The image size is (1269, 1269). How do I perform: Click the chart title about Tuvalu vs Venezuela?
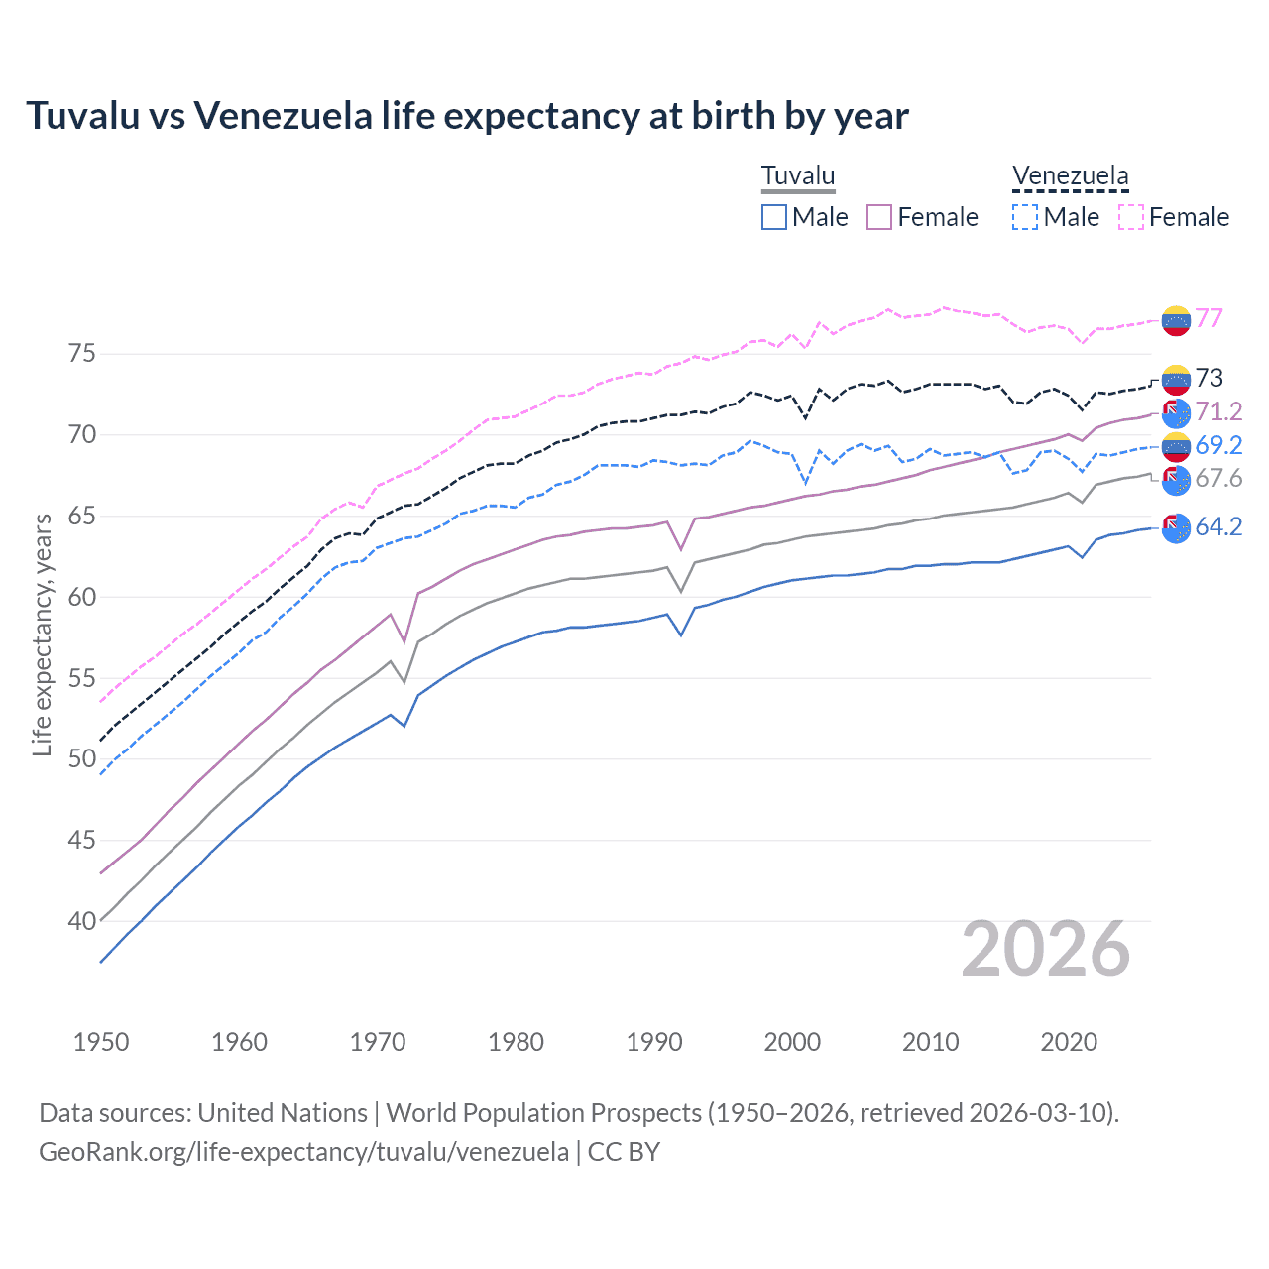coord(467,116)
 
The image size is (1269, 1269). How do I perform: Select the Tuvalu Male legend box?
coord(774,217)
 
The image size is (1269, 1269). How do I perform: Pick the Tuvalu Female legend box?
coord(879,217)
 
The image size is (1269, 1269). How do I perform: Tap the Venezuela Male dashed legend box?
coord(1025,217)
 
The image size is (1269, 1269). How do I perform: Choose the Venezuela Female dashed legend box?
coord(1131,217)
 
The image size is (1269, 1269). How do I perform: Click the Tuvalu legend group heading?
coord(798,176)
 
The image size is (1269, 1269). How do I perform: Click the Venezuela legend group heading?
coord(1070,176)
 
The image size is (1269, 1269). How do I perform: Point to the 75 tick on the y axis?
coord(82,354)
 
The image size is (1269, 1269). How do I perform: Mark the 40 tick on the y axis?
coord(82,921)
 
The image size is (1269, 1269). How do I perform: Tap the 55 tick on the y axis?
coord(82,678)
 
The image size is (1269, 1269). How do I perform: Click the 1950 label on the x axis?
coord(101,1042)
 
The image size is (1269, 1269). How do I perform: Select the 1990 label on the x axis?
coord(654,1042)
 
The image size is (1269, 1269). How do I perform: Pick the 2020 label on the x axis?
coord(1069,1042)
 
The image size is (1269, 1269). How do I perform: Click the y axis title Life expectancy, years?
coord(42,634)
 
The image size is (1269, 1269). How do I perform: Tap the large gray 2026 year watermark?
coord(1046,949)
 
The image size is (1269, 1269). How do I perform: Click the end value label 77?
coord(1209,318)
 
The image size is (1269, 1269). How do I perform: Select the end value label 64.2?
coord(1218,527)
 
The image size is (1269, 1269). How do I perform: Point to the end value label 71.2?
coord(1218,411)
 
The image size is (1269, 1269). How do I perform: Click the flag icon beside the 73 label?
coord(1176,379)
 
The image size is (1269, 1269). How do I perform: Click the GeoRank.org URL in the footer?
coord(303,1152)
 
